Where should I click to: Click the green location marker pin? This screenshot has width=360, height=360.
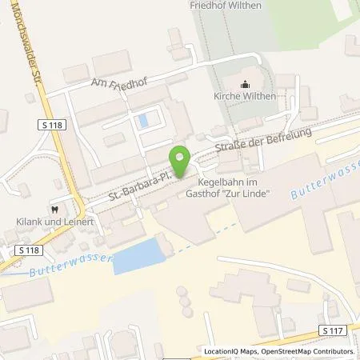pyautogui.click(x=180, y=160)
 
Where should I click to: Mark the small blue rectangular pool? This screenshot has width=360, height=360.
pyautogui.click(x=143, y=122)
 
